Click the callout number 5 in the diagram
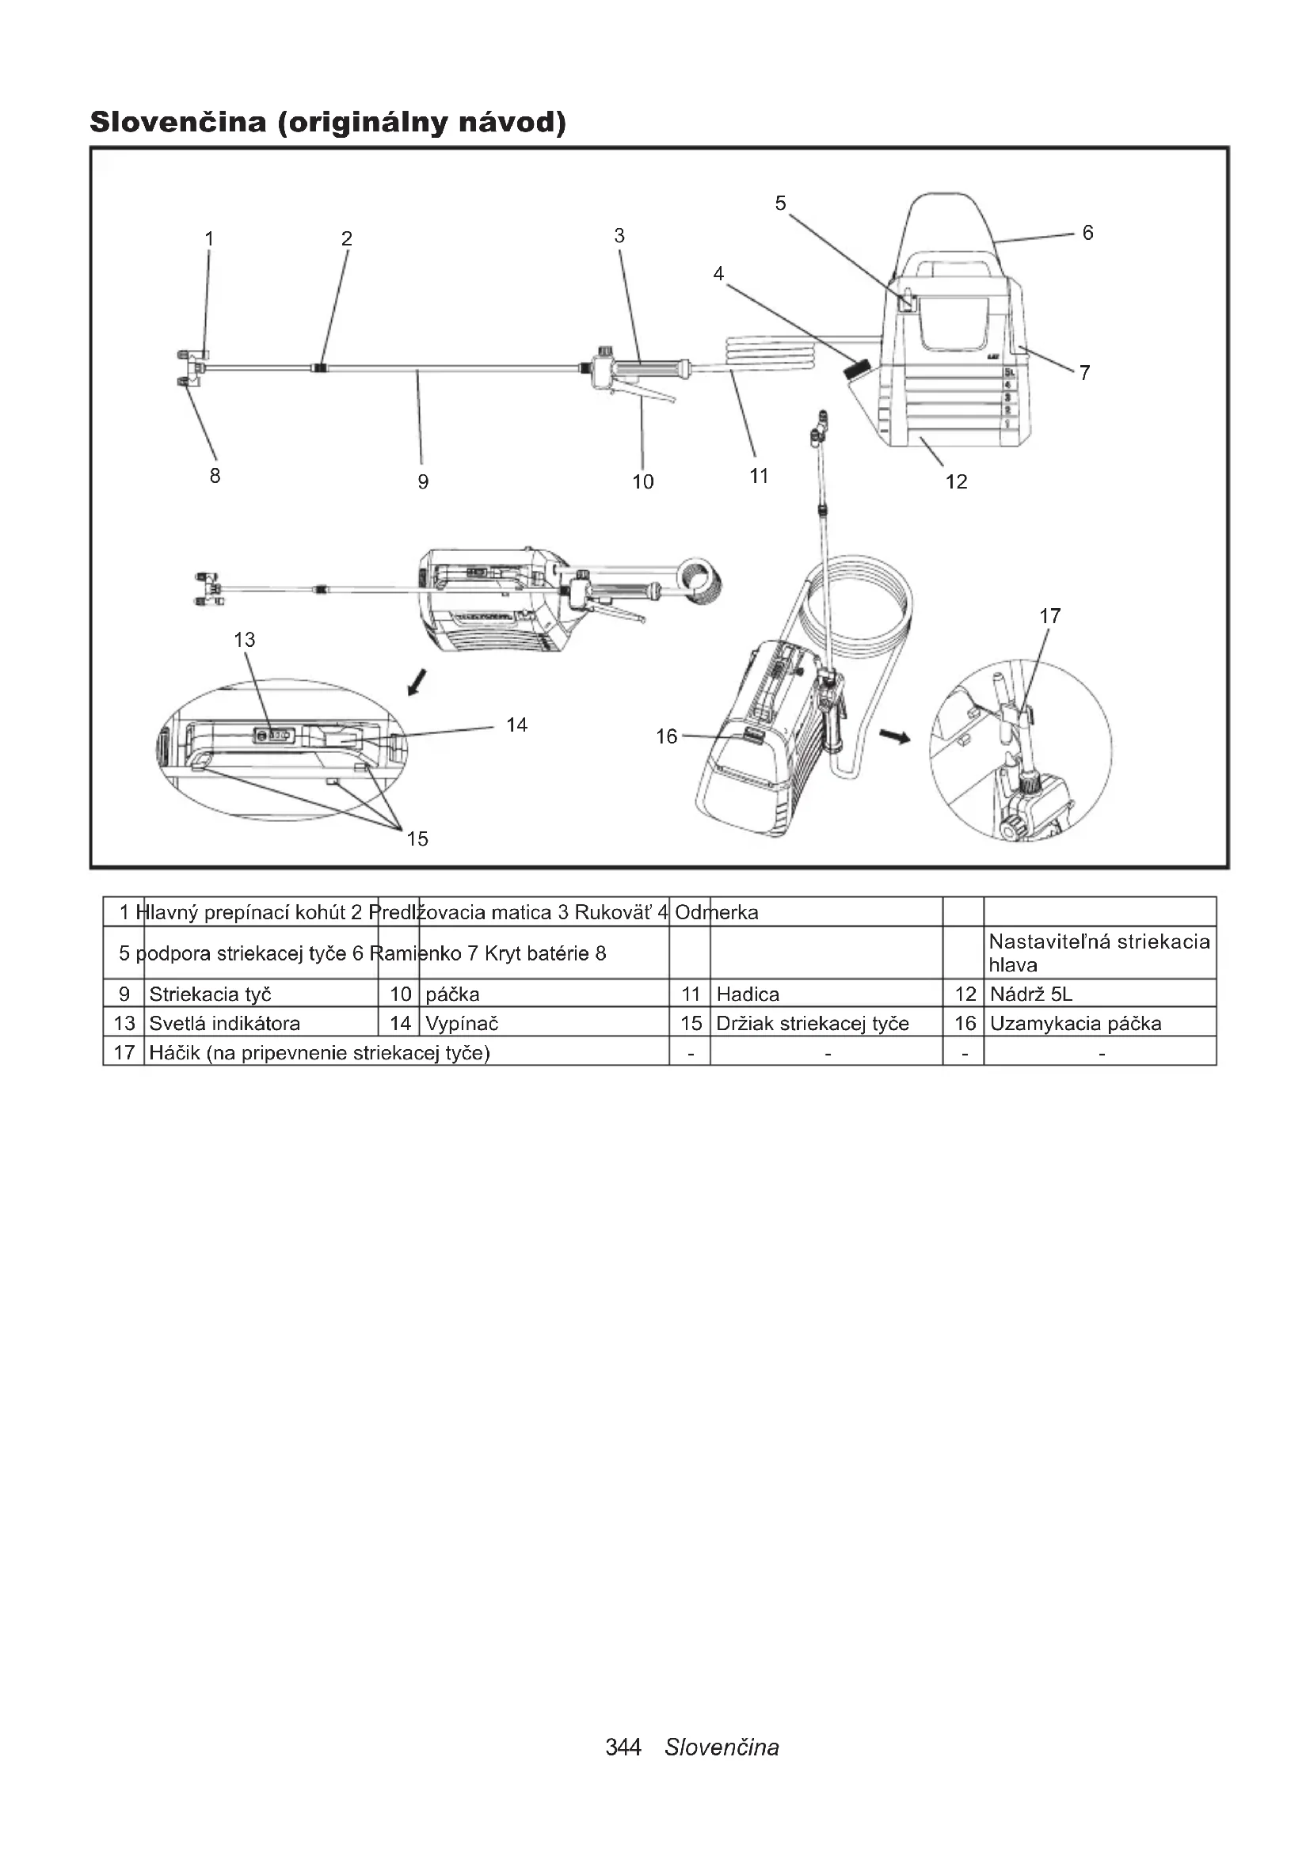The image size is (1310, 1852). [x=780, y=203]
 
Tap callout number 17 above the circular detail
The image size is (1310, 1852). [x=1049, y=616]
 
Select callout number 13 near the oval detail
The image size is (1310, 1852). [x=245, y=640]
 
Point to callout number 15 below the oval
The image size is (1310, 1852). [x=417, y=839]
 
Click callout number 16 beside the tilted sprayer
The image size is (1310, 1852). [x=666, y=736]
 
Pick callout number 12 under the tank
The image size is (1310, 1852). [x=956, y=481]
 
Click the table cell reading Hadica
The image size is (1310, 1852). [x=748, y=994]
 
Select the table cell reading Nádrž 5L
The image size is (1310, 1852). [x=1031, y=994]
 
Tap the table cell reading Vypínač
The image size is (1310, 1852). [x=462, y=1024]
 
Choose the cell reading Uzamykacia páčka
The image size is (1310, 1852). [x=1076, y=1024]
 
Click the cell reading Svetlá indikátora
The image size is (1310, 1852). [x=224, y=1024]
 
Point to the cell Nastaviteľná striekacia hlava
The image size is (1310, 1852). [x=1099, y=953]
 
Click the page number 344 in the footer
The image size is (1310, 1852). [x=623, y=1747]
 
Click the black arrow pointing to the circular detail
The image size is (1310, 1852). [x=893, y=736]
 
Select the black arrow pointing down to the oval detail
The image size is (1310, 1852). [x=417, y=683]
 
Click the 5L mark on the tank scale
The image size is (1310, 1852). [x=1008, y=373]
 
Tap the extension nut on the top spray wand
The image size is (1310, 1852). [x=320, y=368]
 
